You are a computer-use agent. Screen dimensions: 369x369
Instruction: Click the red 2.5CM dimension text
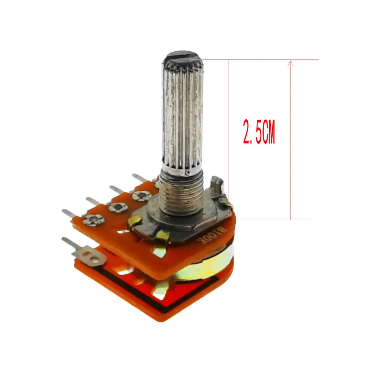click(x=259, y=132)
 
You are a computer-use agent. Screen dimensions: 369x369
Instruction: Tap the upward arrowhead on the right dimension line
click(x=291, y=63)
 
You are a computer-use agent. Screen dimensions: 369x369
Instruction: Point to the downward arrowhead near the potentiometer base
click(x=228, y=213)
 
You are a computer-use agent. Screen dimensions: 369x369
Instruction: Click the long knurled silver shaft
click(x=182, y=113)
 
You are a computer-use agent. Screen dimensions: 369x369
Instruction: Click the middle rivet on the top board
click(x=118, y=207)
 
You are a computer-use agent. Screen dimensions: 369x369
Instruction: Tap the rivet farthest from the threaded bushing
click(x=94, y=220)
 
